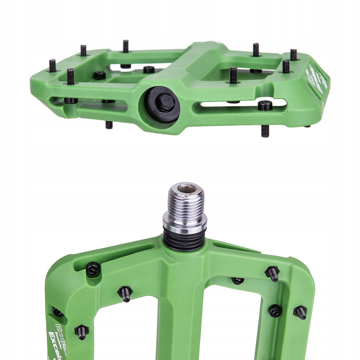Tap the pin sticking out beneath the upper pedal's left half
(x=109, y=125)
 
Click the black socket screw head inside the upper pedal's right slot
(x=265, y=105)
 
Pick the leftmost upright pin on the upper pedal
(x=53, y=66)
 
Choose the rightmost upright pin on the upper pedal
(x=294, y=55)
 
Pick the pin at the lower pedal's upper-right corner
(x=273, y=274)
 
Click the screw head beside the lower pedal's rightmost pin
(x=275, y=311)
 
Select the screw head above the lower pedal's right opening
(x=238, y=280)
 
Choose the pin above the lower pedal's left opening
(x=125, y=293)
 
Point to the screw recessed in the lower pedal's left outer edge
(x=57, y=312)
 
